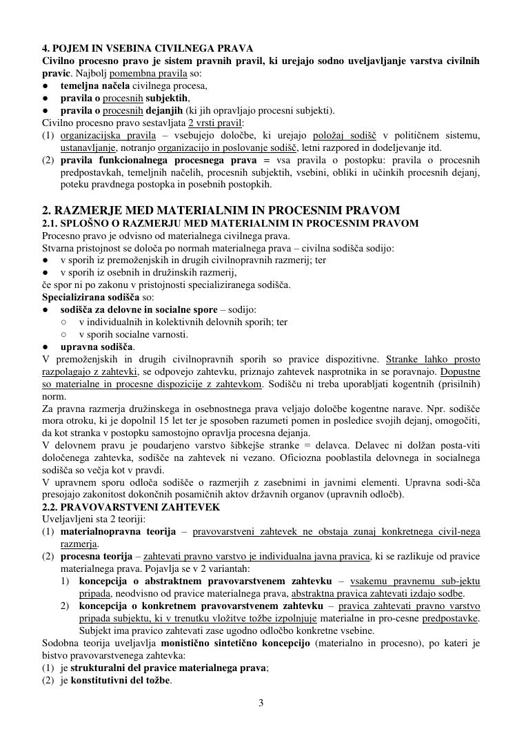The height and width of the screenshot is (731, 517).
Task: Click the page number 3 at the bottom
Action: point(261,703)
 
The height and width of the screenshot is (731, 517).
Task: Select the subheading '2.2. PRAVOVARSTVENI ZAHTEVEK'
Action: point(131,507)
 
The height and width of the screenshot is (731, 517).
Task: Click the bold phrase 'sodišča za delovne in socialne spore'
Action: point(141,309)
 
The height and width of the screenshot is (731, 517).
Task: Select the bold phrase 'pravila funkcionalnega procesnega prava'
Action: point(165,160)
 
